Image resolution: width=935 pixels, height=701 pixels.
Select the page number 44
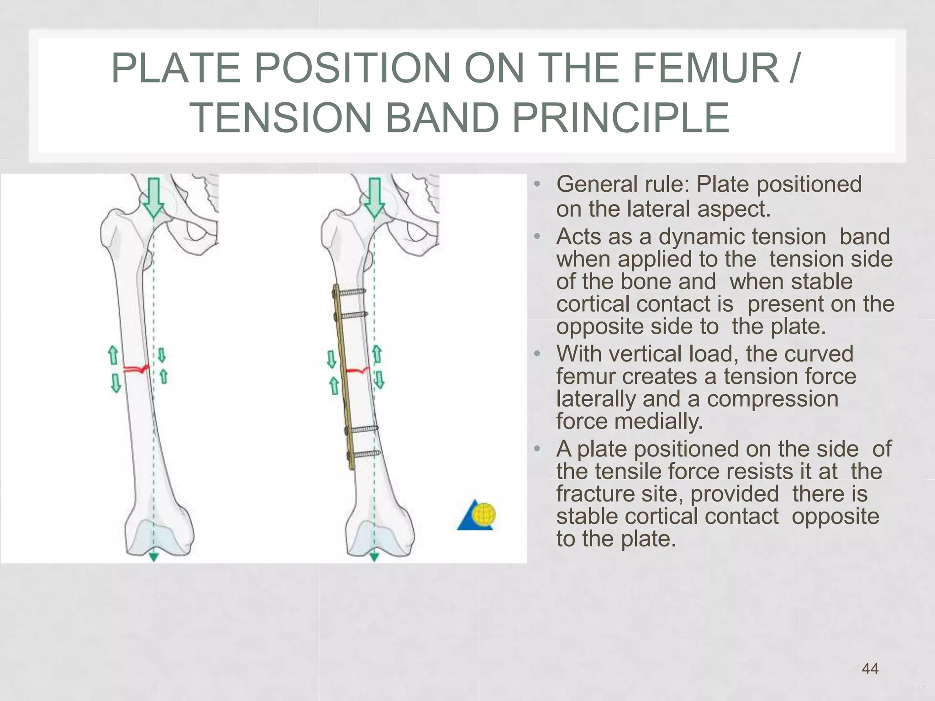(x=870, y=669)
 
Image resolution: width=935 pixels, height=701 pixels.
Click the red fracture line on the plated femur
(x=357, y=371)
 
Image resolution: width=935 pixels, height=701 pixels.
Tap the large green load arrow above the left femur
(x=154, y=198)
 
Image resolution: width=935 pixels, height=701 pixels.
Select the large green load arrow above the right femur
(x=375, y=198)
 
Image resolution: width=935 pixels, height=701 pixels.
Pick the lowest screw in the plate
(x=364, y=454)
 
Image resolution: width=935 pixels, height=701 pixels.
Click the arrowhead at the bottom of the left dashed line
(x=154, y=557)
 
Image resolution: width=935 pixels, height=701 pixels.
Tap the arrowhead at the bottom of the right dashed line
(x=374, y=557)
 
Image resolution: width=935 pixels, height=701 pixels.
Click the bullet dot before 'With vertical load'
(x=537, y=354)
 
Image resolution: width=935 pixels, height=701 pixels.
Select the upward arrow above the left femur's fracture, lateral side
(x=112, y=355)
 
